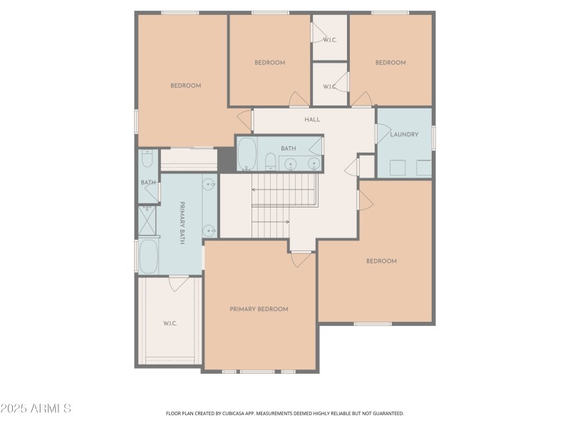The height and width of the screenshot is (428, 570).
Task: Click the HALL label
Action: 312,119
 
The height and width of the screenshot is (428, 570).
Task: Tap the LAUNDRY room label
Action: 404,134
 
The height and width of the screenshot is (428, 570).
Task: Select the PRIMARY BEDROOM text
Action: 259,309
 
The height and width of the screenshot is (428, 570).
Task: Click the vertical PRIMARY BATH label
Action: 182,223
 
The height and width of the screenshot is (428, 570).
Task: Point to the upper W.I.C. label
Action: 329,39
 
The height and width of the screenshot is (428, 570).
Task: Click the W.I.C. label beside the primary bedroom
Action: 170,323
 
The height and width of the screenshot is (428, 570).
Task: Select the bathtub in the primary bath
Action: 148,256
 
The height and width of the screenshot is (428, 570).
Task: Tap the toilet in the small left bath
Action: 147,158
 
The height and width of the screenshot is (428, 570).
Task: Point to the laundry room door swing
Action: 383,133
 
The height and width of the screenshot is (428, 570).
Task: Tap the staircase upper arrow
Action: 254,190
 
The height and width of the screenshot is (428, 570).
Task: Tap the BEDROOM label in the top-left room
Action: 185,86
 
